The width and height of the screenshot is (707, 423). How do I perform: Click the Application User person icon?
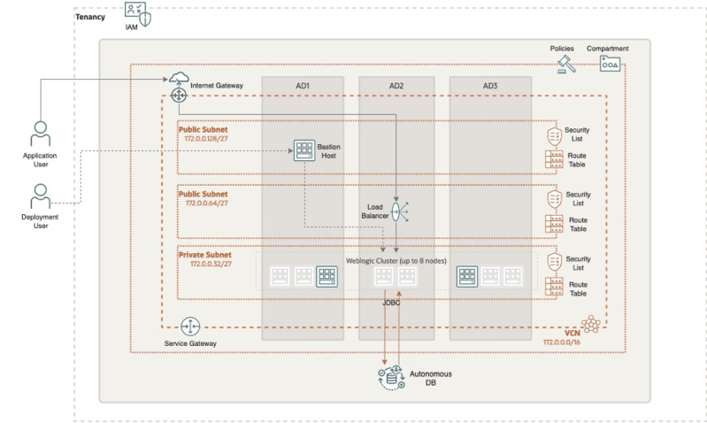(x=40, y=135)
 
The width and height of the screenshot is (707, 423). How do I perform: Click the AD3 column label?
(x=489, y=86)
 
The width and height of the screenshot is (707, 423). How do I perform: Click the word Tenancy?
(x=91, y=18)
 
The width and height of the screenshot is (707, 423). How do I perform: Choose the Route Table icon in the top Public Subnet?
(x=554, y=160)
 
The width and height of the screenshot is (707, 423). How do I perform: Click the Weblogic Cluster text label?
(x=396, y=260)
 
